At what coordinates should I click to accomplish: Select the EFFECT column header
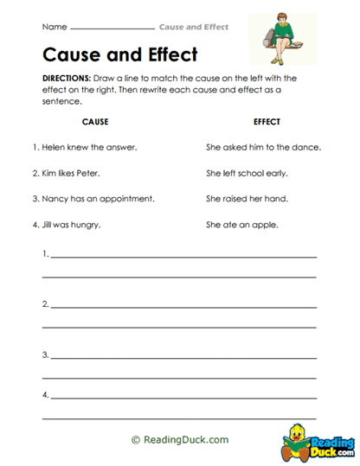point(267,122)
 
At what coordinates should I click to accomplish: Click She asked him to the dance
point(263,147)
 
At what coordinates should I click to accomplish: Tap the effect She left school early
point(247,173)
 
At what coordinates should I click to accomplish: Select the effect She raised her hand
point(247,199)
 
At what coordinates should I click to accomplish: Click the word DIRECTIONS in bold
point(66,78)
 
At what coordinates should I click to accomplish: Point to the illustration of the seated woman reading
point(281,41)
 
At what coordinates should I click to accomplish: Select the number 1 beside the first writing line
point(44,255)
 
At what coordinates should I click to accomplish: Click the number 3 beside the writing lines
point(44,354)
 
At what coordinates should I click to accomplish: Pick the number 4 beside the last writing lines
point(44,395)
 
